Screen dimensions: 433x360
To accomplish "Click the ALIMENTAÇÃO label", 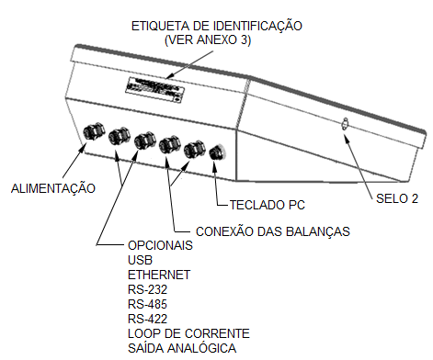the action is click(53, 187).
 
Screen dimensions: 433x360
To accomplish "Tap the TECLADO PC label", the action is click(268, 205).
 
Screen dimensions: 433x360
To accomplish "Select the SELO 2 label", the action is click(397, 198).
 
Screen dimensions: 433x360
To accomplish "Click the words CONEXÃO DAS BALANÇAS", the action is click(273, 231).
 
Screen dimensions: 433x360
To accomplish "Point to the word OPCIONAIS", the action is click(160, 245).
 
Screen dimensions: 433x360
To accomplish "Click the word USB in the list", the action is click(140, 260).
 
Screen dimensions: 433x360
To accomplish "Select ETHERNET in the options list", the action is click(159, 275).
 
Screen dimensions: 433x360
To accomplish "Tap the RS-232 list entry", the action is click(147, 289).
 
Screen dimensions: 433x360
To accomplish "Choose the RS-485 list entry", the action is click(147, 304).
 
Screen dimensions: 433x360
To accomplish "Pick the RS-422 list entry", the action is click(147, 319).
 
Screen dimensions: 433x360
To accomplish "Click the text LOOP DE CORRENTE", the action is click(188, 333).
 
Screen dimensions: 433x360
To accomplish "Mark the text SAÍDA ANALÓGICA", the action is click(182, 347).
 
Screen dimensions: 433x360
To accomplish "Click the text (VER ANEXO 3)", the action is click(208, 40).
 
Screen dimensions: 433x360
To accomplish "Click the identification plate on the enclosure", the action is click(155, 89).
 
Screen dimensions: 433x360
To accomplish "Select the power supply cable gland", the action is click(94, 131).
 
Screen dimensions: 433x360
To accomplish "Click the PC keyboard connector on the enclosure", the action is click(217, 152).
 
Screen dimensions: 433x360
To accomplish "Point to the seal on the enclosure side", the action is click(346, 124).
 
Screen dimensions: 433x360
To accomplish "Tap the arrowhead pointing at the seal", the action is click(347, 139).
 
